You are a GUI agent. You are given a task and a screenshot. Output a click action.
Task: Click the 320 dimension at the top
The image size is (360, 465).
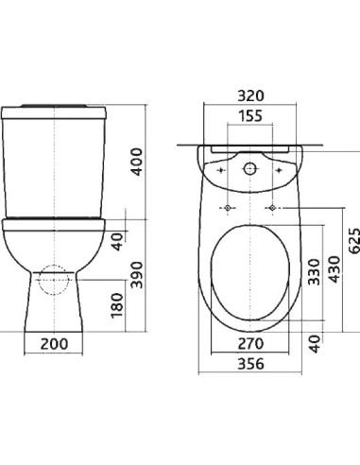(250, 95)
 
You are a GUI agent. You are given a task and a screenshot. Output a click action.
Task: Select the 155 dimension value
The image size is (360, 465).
(250, 115)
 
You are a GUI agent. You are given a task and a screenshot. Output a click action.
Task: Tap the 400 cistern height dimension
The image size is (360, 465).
(137, 162)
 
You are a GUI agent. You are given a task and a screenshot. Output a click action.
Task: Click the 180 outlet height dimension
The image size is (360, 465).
(117, 305)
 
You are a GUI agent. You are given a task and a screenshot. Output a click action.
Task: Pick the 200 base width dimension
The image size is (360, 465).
(54, 344)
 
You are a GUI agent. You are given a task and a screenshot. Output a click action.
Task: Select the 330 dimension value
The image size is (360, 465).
(314, 272)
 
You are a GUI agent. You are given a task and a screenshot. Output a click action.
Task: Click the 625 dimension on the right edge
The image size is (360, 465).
(354, 241)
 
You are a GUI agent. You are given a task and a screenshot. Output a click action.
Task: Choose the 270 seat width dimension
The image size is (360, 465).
(250, 344)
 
